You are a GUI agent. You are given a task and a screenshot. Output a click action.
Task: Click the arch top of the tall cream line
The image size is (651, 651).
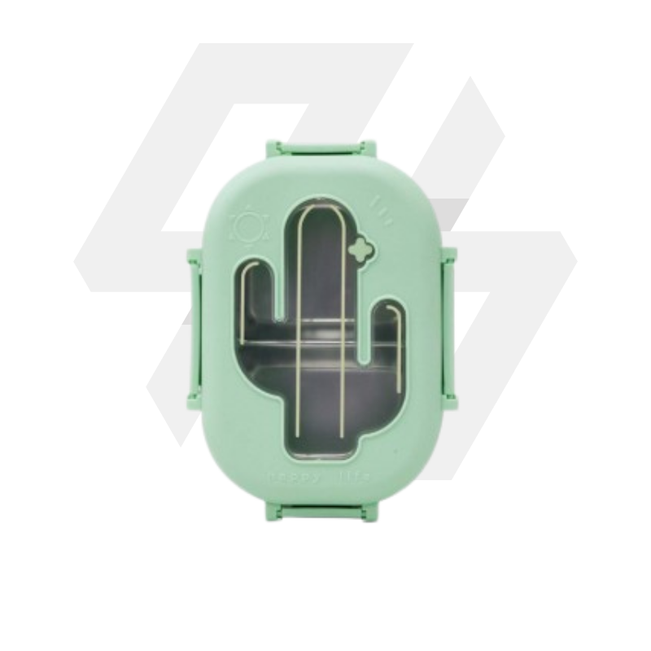coord(317,212)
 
